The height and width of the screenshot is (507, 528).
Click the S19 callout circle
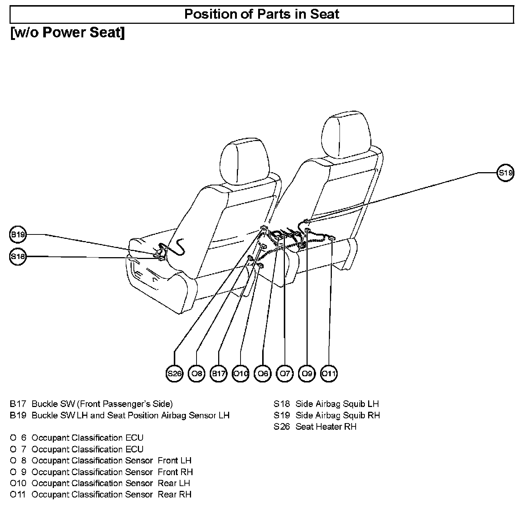pos(505,173)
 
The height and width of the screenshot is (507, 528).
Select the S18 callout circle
pos(17,256)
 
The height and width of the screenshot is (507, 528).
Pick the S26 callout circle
pos(174,373)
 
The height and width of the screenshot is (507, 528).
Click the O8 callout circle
pos(197,373)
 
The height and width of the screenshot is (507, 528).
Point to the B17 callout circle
pos(219,373)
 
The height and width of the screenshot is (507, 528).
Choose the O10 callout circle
pos(241,373)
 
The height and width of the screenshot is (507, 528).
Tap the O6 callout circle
pos(263,373)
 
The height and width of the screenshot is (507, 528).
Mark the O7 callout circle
pos(285,373)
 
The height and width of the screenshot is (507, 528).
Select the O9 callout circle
pos(307,373)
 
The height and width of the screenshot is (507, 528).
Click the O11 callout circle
pos(329,373)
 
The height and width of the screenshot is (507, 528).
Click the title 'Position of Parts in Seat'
pos(261,14)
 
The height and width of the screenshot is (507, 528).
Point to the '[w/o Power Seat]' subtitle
pos(68,33)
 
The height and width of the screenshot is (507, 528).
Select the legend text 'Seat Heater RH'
pos(326,426)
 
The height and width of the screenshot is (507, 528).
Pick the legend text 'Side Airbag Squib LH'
pos(337,404)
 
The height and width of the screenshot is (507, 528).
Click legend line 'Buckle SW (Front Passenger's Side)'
pos(102,404)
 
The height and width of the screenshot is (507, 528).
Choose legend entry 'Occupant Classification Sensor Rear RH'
pos(111,495)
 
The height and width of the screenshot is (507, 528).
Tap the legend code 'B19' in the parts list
pos(18,415)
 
